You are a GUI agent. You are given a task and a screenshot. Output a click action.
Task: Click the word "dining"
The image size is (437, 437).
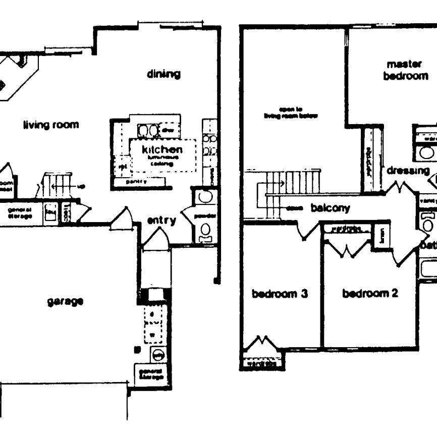coord(163,74)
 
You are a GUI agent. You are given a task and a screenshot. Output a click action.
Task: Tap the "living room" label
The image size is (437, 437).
coord(51,124)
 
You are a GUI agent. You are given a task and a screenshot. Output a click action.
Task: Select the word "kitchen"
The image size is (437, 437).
coord(161,149)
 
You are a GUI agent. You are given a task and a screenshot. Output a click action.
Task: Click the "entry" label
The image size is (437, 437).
coord(161,220)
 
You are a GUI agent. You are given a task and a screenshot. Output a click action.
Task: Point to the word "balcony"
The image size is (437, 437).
coord(331,207)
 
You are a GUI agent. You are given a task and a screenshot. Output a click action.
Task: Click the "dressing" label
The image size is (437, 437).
coord(408,171)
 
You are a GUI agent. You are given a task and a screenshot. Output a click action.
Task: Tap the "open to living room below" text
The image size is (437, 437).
coord(291,112)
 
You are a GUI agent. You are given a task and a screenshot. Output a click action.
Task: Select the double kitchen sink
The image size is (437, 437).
coord(148,131)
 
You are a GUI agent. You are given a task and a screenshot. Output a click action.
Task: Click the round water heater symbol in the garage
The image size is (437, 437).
coord(157,355)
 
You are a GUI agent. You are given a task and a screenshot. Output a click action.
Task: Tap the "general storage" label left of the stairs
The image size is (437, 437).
coord(20,212)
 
